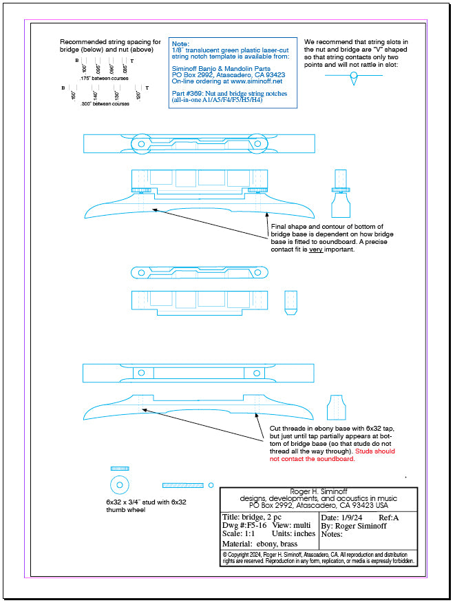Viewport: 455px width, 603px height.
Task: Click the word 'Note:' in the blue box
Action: click(180, 43)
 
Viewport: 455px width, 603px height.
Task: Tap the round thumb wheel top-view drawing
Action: click(119, 483)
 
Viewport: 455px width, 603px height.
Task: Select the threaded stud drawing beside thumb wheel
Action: click(183, 485)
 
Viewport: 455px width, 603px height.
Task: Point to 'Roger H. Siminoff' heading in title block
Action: click(319, 491)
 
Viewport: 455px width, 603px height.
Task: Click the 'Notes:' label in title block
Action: click(332, 534)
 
